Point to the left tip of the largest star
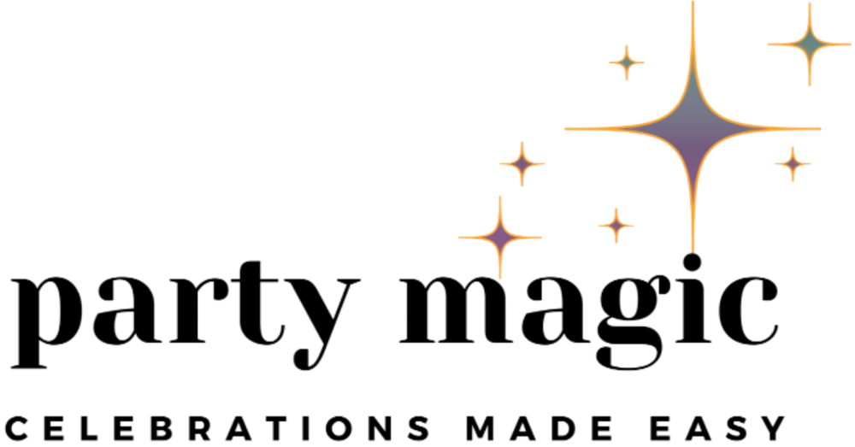click(566, 129)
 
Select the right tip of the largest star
click(821, 129)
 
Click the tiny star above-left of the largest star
click(626, 62)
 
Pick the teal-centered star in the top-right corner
click(808, 41)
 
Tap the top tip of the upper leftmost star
click(522, 139)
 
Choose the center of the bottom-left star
click(499, 235)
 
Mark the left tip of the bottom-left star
click(459, 235)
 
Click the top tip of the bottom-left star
click(499, 196)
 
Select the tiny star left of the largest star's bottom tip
click(616, 225)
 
